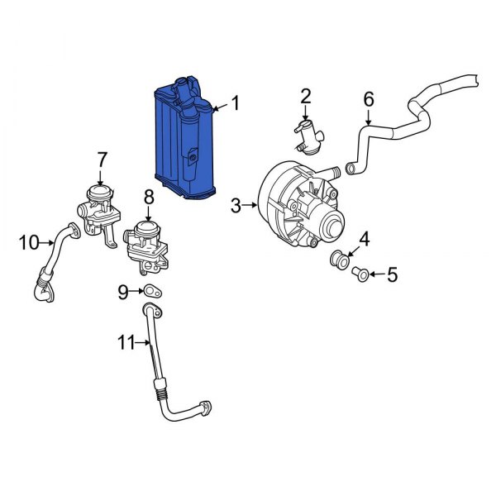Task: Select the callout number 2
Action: [x=305, y=97]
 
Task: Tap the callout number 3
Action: [x=236, y=205]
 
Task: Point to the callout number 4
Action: [x=364, y=240]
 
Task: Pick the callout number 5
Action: [x=392, y=274]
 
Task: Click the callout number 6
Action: [x=369, y=99]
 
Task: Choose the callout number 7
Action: [x=103, y=158]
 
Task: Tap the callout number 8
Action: [x=149, y=197]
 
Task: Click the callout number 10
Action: [x=29, y=242]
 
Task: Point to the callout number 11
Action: [x=125, y=341]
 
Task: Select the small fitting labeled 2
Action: [x=308, y=136]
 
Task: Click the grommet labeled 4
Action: [x=340, y=258]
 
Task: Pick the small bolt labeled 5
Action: [x=360, y=273]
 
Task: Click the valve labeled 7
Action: [x=98, y=207]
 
